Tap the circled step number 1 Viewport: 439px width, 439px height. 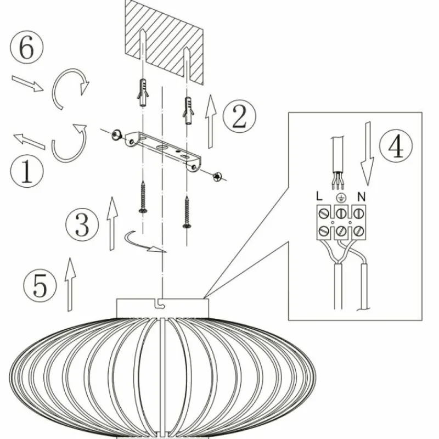point(27,171)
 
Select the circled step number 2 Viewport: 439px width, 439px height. point(239,116)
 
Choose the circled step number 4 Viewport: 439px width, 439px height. point(396,145)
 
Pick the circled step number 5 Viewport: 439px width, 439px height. point(40,285)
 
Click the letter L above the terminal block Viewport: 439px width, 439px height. point(319,196)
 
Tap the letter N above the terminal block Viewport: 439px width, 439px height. point(362,197)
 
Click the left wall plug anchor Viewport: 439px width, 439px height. point(143,92)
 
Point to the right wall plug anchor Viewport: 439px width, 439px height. point(188,111)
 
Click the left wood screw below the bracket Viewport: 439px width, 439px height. point(143,197)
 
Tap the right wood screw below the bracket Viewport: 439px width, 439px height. point(187,212)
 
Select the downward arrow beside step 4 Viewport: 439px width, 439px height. point(367,154)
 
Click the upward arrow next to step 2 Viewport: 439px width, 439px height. point(211,121)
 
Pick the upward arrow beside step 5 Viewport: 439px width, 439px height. point(70,284)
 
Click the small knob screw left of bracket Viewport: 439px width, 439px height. point(116,135)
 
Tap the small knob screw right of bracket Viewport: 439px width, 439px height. point(217,177)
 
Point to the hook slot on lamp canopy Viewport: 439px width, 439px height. point(160,303)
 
